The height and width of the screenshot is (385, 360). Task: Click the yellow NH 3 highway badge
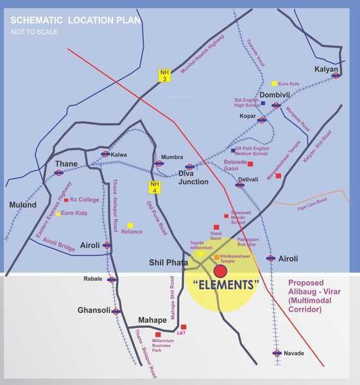click(165, 75)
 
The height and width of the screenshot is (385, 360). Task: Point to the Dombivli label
click(276, 96)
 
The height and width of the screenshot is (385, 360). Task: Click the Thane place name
click(67, 164)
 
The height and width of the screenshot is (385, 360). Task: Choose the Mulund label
click(23, 205)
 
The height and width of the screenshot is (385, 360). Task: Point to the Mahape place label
click(153, 320)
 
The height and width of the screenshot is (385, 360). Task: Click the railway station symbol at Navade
click(277, 353)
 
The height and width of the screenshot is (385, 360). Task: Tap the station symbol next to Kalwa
click(105, 154)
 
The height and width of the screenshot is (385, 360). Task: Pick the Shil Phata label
click(169, 263)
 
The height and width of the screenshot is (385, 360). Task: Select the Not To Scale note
click(34, 31)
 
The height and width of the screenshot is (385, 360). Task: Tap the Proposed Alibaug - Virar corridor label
click(314, 296)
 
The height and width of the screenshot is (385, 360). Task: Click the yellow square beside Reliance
click(130, 225)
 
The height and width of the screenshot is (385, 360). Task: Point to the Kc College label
click(85, 200)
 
